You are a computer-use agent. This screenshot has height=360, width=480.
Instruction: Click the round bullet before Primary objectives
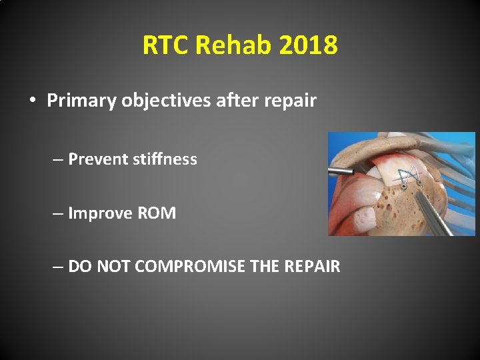click(x=32, y=101)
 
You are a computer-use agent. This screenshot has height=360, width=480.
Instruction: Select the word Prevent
click(x=99, y=159)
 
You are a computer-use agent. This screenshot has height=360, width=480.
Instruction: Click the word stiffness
click(x=166, y=159)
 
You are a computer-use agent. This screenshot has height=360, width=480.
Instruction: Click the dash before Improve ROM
click(x=59, y=213)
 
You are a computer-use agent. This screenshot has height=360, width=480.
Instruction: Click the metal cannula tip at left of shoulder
click(x=349, y=171)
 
